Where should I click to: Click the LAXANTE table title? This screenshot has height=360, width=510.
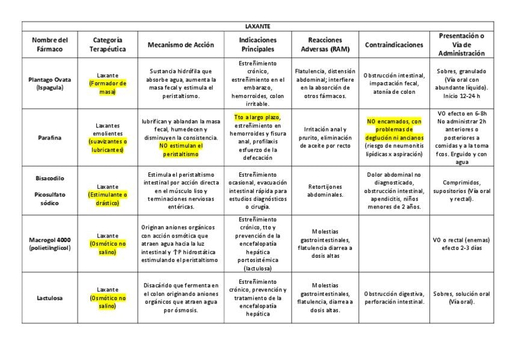[x=258, y=26]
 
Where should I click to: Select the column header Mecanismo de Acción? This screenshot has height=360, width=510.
[x=181, y=44]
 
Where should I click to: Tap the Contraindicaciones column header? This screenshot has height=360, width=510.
[x=394, y=44]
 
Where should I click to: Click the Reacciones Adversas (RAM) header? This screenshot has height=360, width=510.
[x=325, y=44]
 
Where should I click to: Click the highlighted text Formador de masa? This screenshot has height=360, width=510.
[x=108, y=87]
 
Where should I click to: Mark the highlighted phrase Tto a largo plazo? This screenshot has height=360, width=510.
[x=257, y=117]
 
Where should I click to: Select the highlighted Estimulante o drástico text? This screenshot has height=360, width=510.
[x=108, y=199]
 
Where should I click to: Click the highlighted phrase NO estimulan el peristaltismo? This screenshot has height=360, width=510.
[x=181, y=150]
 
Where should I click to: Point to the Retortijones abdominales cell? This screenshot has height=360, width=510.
[x=325, y=191]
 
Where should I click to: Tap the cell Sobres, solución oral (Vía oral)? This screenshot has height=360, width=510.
[x=461, y=297]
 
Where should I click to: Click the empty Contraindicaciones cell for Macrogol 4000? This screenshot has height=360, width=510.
[x=394, y=243]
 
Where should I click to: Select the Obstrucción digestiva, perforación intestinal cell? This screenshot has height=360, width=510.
[x=394, y=297]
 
